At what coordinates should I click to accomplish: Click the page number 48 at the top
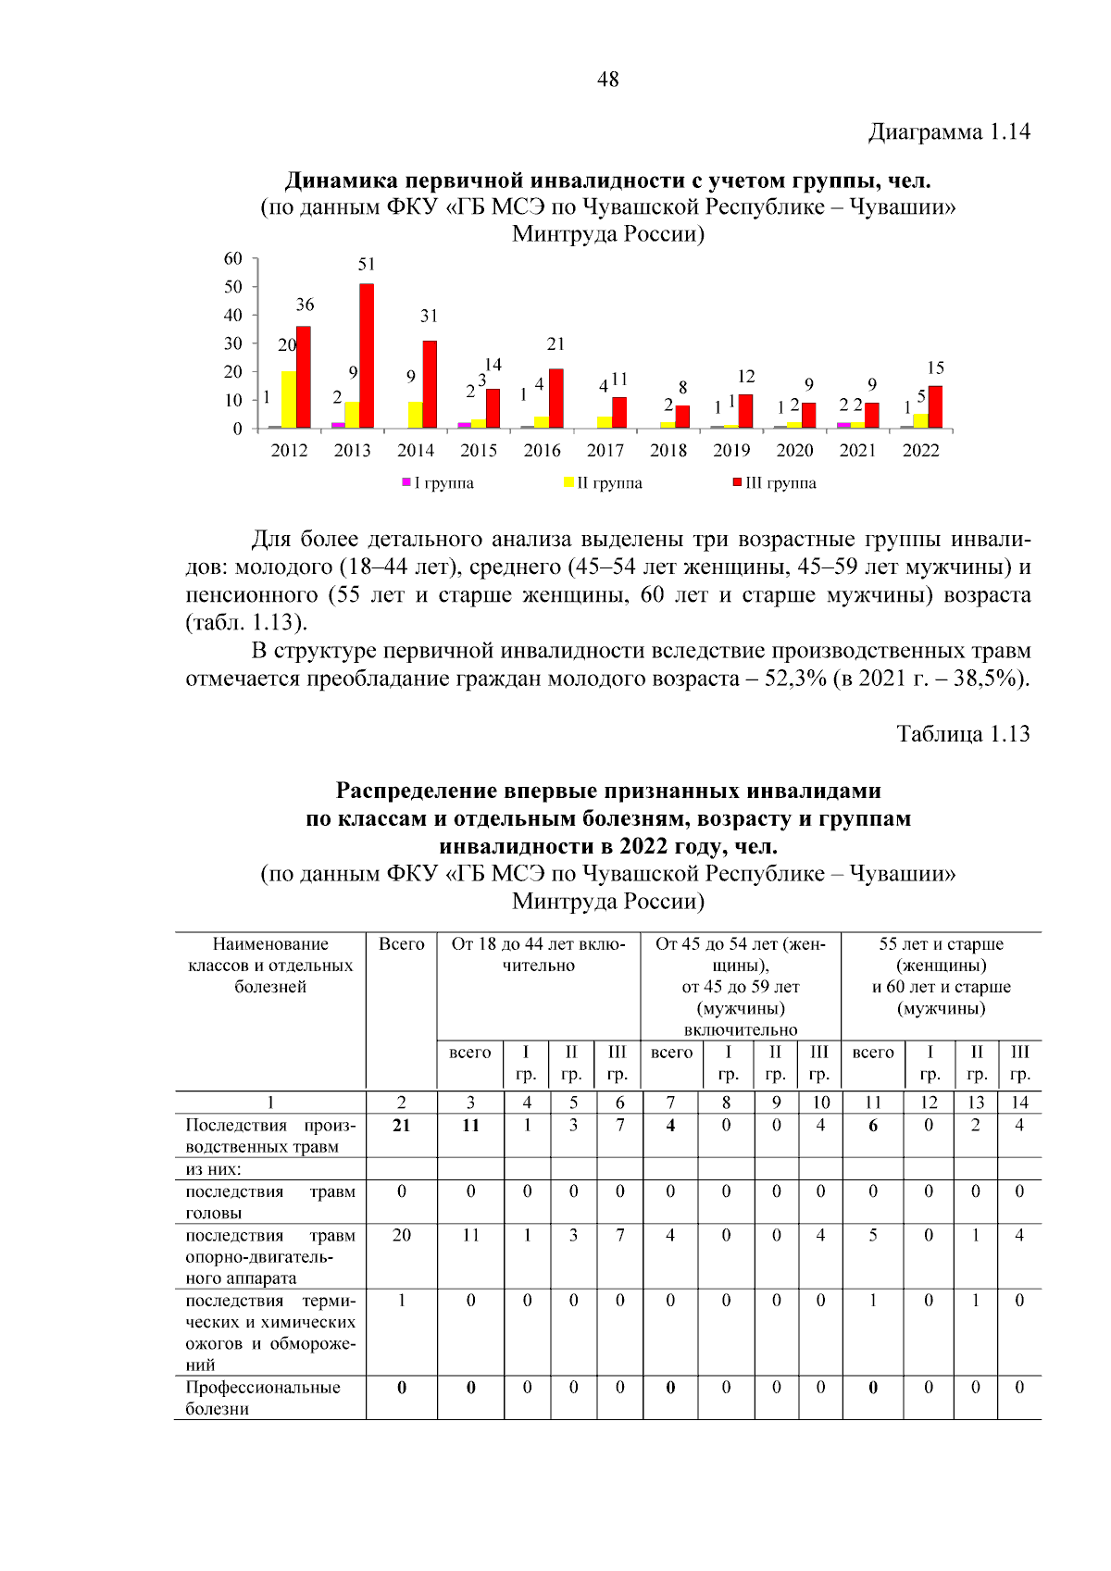tap(607, 80)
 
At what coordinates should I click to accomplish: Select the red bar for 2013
tap(367, 356)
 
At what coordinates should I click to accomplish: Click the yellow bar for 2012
tap(288, 400)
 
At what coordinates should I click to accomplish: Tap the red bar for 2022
tap(935, 407)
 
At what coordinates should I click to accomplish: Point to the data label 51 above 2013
tap(367, 265)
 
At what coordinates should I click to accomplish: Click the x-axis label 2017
tap(605, 451)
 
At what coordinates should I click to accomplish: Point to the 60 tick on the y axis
tap(233, 259)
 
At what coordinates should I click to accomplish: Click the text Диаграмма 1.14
tap(949, 132)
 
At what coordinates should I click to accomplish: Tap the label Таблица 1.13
tap(963, 734)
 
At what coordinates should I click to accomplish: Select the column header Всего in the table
tap(401, 944)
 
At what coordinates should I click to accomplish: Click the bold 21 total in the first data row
tap(401, 1126)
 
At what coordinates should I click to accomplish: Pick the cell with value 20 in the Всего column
tap(401, 1236)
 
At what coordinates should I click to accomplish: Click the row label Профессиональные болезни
tap(263, 1398)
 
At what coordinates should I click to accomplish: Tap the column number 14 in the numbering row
tap(1018, 1103)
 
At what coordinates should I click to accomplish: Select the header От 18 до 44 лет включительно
tap(538, 954)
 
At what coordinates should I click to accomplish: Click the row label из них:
tap(213, 1169)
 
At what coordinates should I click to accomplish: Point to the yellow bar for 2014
tap(415, 415)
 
